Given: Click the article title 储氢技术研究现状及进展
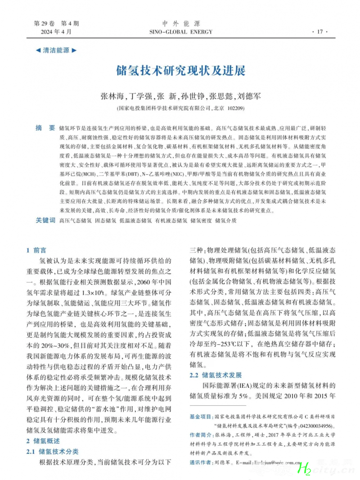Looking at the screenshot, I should tap(180, 71).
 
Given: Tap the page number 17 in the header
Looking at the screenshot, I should tap(320, 32).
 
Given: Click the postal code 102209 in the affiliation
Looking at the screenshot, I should tap(236, 108).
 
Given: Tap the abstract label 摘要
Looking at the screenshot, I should tap(45, 128).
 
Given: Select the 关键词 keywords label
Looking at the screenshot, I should tap(45, 221).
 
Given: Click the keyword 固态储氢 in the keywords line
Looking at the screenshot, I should tap(106, 221).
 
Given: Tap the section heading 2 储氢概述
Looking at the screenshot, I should tap(43, 441).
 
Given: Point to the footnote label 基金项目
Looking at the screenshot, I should tap(201, 417).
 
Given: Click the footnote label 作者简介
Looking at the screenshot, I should tap(201, 435).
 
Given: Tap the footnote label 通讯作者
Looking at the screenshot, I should tap(201, 462).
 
